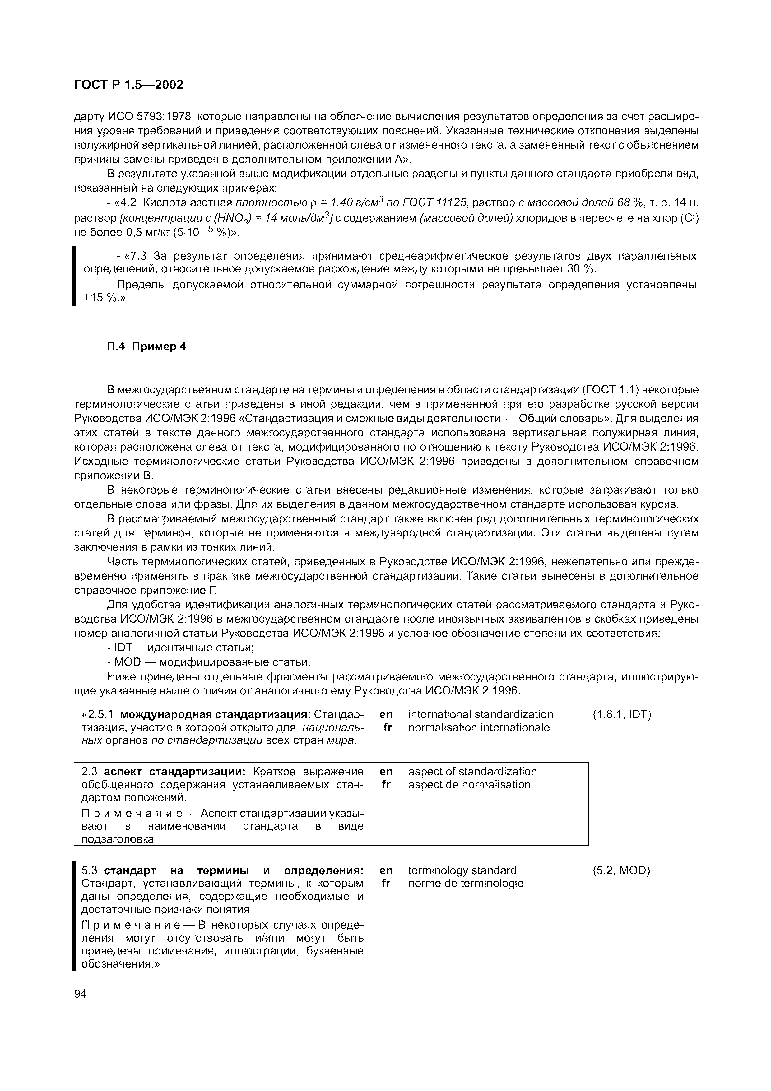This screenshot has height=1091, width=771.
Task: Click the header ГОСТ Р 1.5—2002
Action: coord(128,85)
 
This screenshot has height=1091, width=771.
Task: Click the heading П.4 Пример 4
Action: coord(145,346)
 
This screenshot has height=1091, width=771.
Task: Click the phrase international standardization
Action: coord(480,714)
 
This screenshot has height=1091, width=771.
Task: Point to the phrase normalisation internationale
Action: coord(478,727)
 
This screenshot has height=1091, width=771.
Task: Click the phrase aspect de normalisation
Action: coord(469,785)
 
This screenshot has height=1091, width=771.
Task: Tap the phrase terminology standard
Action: coord(462,870)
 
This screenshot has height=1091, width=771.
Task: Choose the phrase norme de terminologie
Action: coord(466,883)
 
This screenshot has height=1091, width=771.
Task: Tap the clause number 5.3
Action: coord(89,870)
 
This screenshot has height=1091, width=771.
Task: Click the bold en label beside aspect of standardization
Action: coord(386,771)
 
